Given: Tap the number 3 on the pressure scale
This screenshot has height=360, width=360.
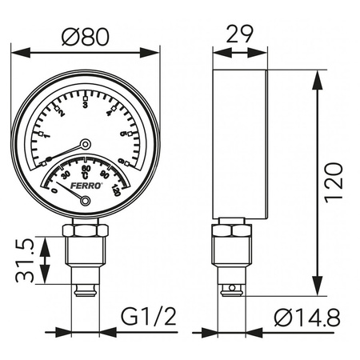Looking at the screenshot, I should [x=86, y=104].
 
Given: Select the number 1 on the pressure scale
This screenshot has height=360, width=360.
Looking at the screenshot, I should [x=46, y=137].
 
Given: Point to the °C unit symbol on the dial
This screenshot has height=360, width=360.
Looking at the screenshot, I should [x=85, y=176].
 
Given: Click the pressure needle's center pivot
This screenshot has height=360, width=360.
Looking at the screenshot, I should [x=86, y=144].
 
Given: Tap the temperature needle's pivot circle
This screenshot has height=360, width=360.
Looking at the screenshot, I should [x=86, y=201].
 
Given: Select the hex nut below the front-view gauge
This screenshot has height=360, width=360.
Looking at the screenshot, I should [x=85, y=230].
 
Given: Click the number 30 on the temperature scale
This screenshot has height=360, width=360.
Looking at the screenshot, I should [x=66, y=174].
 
